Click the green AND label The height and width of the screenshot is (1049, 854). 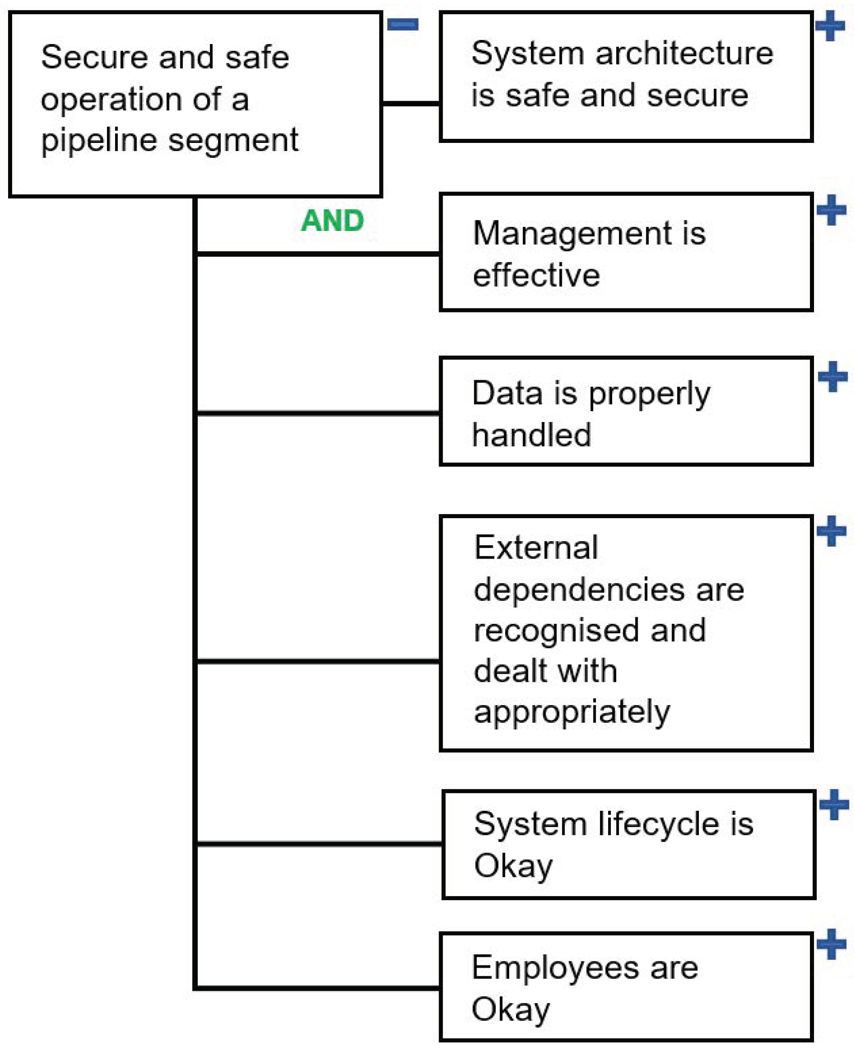pyautogui.click(x=333, y=220)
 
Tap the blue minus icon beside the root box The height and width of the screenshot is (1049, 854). pyautogui.click(x=402, y=24)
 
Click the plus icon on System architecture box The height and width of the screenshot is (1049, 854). pyautogui.click(x=830, y=26)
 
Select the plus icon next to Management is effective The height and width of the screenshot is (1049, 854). pyautogui.click(x=832, y=210)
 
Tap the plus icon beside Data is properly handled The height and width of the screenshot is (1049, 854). pyautogui.click(x=833, y=377)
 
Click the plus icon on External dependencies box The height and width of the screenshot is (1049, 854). pyautogui.click(x=832, y=531)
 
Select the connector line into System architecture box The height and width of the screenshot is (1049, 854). pyautogui.click(x=411, y=103)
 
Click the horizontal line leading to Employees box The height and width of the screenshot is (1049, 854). pyautogui.click(x=317, y=987)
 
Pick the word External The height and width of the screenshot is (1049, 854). pyautogui.click(x=536, y=547)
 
